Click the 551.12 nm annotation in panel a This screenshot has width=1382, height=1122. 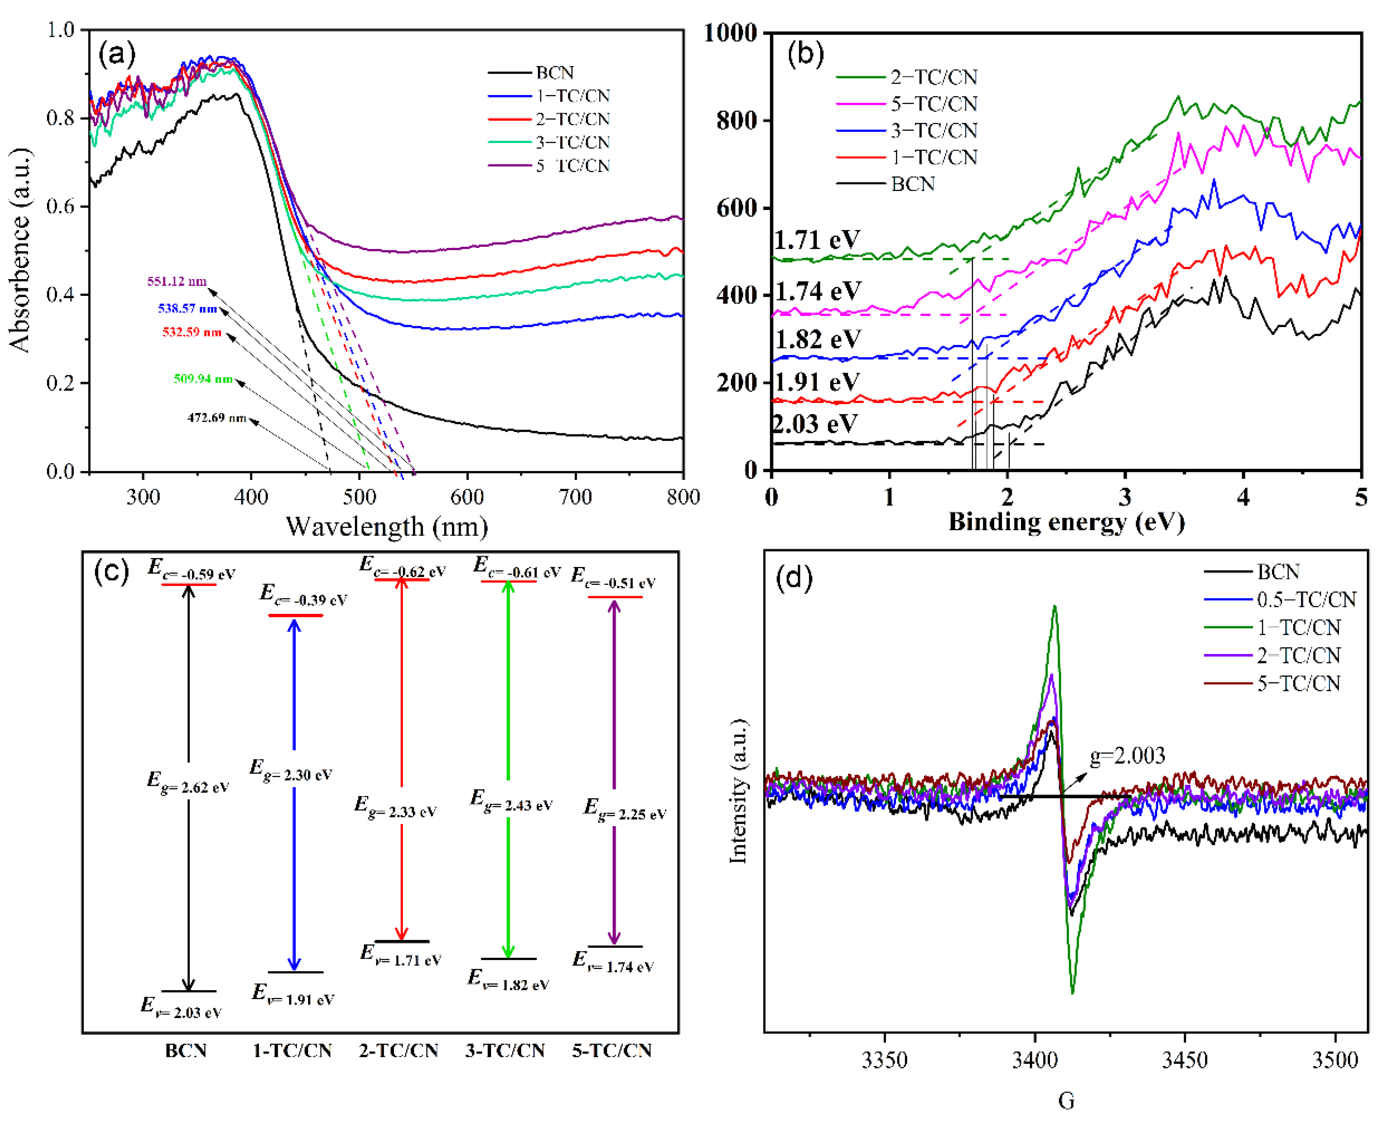coord(177,281)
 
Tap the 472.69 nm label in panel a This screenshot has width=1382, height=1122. coord(217,418)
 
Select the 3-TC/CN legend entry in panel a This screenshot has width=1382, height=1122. coord(572,142)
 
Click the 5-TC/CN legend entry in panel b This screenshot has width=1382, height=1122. coord(933,104)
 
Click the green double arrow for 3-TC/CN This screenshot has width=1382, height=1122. coord(508,769)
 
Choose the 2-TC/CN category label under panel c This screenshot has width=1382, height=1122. coord(398,1050)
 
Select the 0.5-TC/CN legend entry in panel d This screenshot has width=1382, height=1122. coord(1306,600)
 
